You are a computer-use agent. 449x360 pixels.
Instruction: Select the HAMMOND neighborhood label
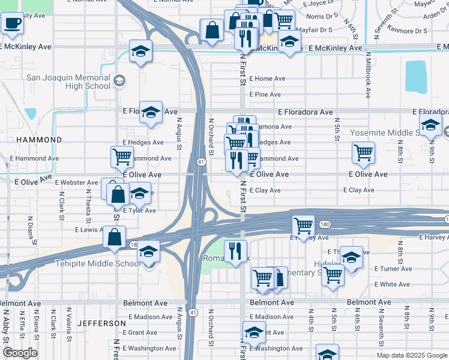pos(39,139)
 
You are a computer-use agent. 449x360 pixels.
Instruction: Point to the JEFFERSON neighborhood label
pos(101,323)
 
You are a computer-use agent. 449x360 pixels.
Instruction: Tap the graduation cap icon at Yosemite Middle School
pos(430,125)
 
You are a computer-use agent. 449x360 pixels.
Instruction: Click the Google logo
pos(20,353)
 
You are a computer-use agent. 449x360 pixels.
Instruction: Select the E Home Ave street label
pos(267,79)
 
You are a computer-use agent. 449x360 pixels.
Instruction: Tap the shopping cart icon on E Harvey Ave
pos(303,226)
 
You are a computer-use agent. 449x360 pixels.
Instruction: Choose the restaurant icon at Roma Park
pos(235,250)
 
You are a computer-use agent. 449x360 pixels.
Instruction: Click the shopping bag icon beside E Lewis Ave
pos(114,236)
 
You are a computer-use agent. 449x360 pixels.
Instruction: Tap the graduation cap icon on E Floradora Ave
pos(151,112)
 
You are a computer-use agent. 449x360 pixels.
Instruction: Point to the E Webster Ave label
pos(76,182)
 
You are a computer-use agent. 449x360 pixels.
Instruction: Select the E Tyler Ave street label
pos(139,211)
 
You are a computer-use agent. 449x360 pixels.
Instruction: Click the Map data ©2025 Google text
pos(411,355)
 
